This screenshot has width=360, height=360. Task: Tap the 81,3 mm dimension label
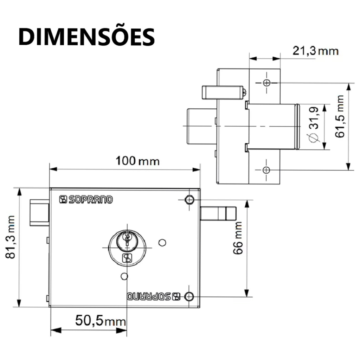11,237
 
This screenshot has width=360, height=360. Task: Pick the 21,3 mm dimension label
315,51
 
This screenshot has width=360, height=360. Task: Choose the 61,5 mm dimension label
340,116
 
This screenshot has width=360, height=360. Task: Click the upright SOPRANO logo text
86,199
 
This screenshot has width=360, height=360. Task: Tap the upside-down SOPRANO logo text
154,296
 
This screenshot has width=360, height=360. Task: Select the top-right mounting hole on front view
189,200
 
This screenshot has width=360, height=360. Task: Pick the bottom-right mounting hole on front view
189,296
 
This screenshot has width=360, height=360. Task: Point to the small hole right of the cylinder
162,243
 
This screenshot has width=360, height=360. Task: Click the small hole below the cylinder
124,276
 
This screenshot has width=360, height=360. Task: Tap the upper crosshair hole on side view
266,83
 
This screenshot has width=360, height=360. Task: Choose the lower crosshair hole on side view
266,170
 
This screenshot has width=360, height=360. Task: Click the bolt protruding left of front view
39,213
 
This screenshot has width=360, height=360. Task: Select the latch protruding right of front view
218,213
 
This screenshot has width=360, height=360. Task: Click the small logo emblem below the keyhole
127,258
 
